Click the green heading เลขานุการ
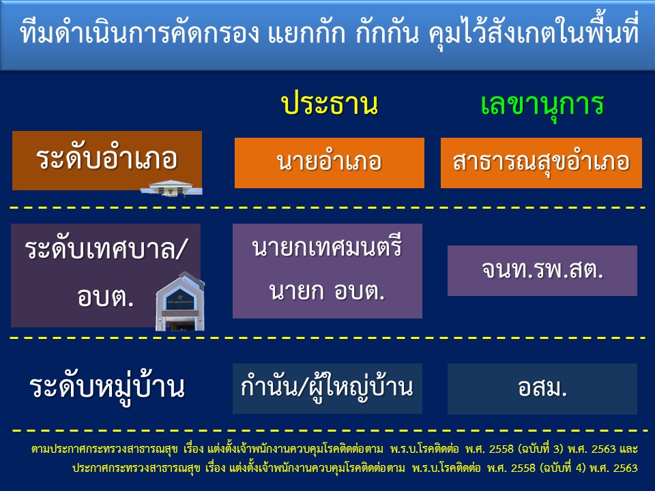542,104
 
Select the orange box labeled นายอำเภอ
329,163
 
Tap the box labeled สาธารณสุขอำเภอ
541,163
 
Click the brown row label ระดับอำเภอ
107,160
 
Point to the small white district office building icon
171,188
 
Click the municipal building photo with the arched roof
180,301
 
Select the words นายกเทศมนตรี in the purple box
327,247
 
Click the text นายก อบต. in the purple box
327,291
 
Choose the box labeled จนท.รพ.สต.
542,271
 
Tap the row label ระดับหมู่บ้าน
107,387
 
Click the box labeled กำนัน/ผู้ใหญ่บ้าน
327,388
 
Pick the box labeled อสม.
542,389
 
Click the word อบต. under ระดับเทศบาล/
105,297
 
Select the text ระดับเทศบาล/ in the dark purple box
105,250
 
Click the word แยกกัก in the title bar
306,33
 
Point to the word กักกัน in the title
387,33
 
